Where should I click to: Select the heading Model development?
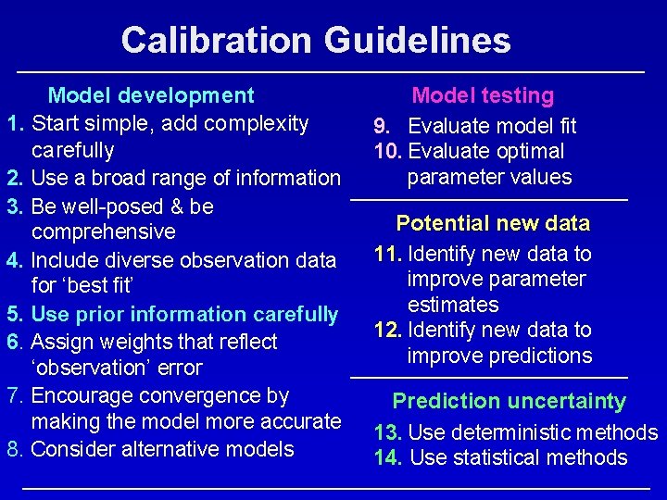(151, 95)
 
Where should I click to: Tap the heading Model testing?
(483, 95)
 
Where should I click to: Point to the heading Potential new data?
(493, 223)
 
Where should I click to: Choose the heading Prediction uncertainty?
(509, 401)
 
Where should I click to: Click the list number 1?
(14, 123)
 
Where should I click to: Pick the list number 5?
(14, 315)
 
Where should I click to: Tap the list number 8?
(14, 450)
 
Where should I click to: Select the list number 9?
(381, 126)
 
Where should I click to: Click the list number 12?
(388, 331)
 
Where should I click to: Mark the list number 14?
(388, 457)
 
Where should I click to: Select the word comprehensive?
(103, 232)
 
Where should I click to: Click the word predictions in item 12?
(540, 356)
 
